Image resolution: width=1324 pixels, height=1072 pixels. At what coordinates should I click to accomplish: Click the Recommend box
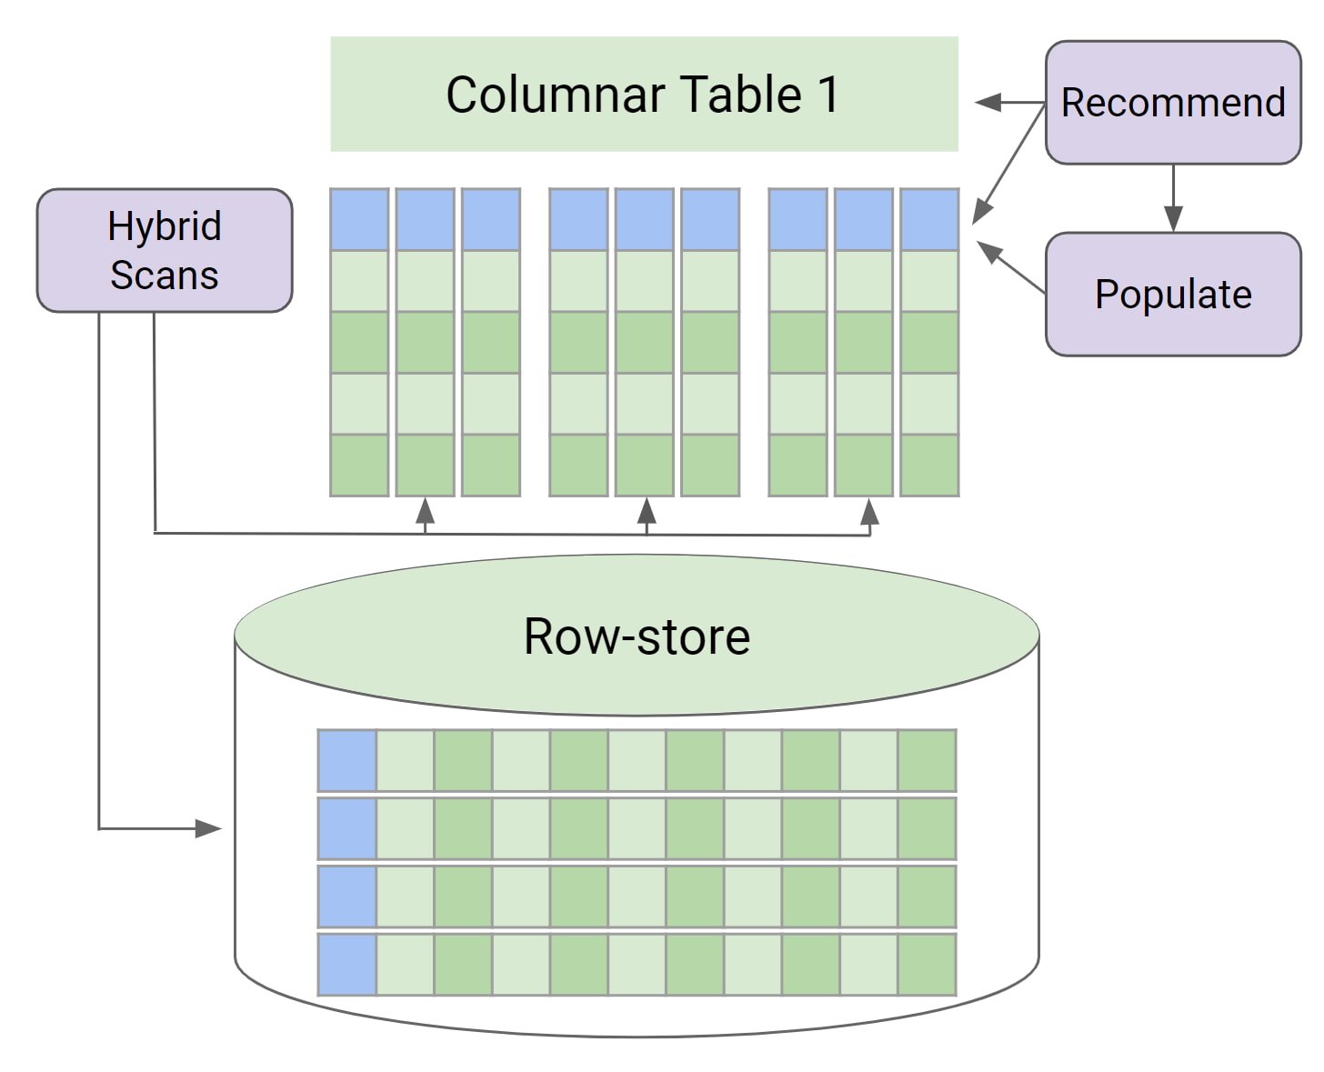(1172, 102)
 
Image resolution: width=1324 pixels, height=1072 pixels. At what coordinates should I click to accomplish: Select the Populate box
(1172, 294)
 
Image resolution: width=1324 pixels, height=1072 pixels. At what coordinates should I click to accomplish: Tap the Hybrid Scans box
(165, 250)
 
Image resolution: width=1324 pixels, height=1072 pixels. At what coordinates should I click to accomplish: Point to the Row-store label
(637, 636)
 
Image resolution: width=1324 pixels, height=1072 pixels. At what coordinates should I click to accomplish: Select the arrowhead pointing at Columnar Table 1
(988, 102)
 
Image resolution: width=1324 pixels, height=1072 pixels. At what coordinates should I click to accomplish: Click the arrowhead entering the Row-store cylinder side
(209, 828)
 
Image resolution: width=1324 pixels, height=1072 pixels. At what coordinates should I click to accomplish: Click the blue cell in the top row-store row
(346, 760)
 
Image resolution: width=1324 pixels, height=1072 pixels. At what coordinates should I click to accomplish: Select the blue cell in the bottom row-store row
(346, 964)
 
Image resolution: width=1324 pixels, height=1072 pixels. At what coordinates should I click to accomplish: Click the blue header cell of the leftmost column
(359, 219)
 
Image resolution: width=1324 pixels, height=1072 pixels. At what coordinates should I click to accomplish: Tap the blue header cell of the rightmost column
(929, 219)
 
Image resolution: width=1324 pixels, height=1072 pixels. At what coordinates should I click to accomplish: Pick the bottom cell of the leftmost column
(359, 465)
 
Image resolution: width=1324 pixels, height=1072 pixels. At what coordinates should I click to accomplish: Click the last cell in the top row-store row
(927, 760)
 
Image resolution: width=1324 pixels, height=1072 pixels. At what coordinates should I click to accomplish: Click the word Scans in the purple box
(165, 275)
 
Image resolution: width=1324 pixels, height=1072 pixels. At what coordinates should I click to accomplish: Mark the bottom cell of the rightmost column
(929, 465)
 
